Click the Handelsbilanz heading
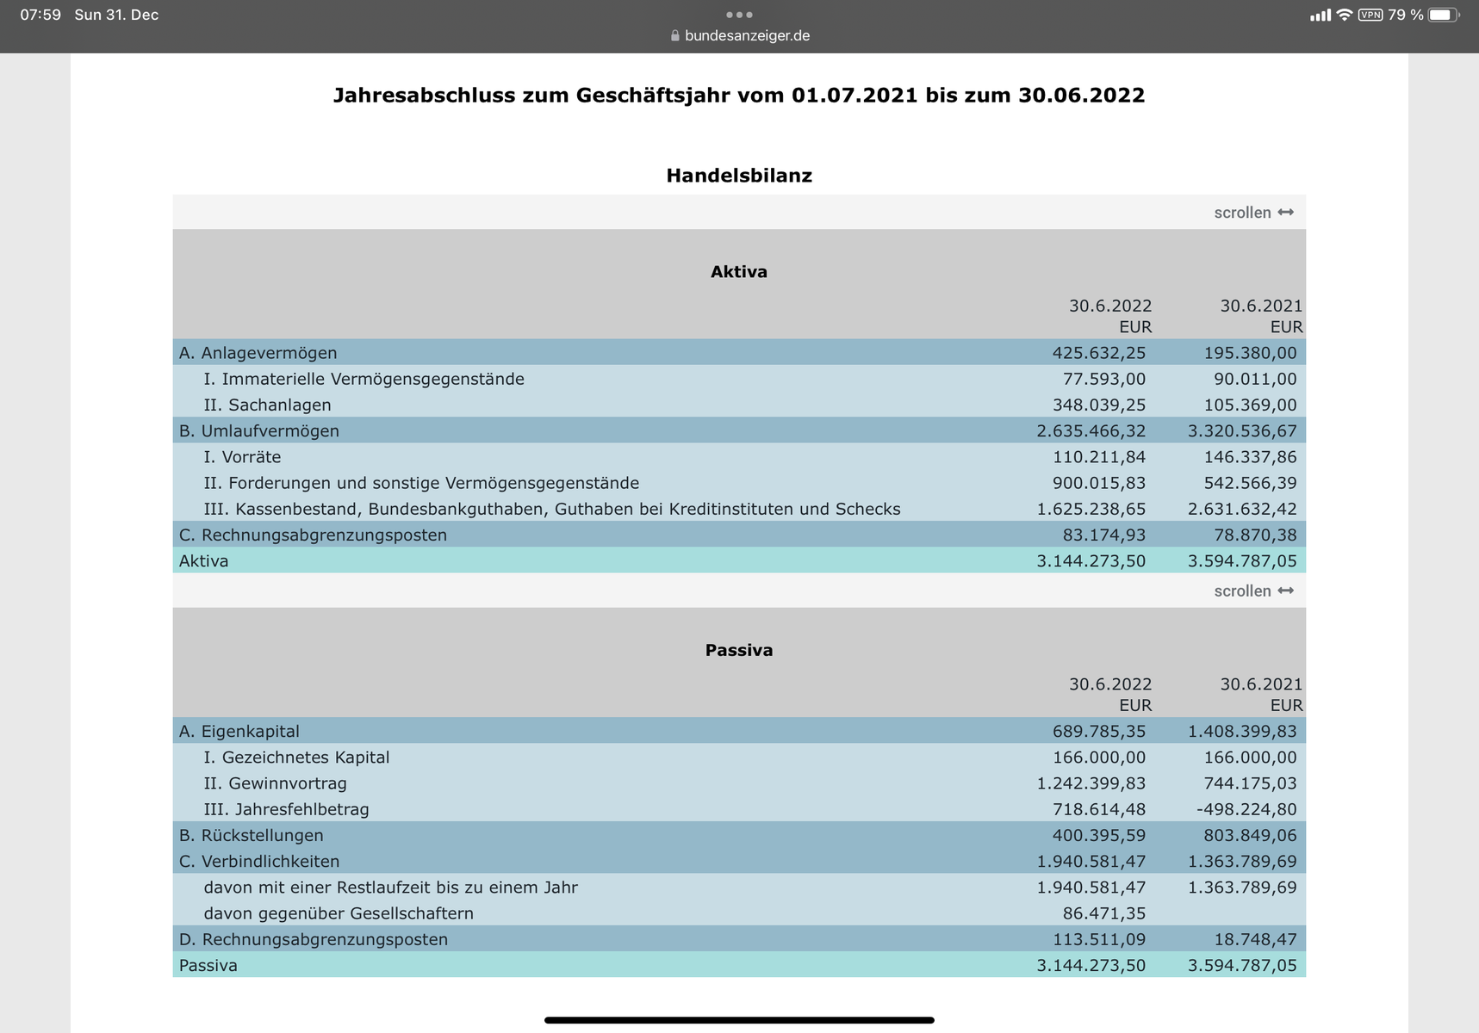(x=739, y=176)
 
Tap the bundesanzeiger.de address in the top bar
(x=746, y=36)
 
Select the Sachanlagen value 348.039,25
(x=1098, y=405)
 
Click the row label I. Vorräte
(x=242, y=457)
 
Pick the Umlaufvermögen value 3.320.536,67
(x=1241, y=431)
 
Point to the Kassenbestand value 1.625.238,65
(x=1091, y=509)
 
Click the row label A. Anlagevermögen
(x=258, y=353)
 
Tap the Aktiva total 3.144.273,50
(x=1091, y=561)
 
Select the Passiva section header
(x=739, y=651)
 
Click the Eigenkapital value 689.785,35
(x=1098, y=732)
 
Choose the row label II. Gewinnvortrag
(x=275, y=783)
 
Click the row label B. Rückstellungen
(x=251, y=836)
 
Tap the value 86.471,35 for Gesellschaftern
(x=1103, y=913)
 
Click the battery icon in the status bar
(x=1442, y=15)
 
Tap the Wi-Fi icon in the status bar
(x=1344, y=15)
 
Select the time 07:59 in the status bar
(x=40, y=15)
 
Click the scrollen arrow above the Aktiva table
(x=1285, y=213)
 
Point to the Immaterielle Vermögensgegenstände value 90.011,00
(x=1250, y=379)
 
